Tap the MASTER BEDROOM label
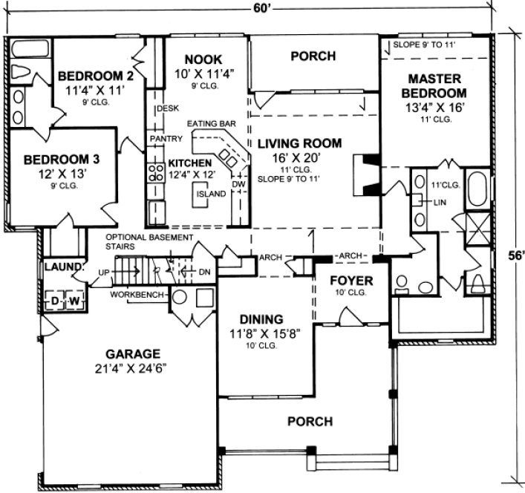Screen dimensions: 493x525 pos(437,85)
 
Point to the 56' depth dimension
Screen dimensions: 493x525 pos(515,255)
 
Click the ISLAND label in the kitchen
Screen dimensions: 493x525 pos(209,194)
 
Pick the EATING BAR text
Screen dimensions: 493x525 pos(206,124)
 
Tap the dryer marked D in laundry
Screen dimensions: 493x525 pos(54,301)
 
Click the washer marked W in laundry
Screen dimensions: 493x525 pos(74,301)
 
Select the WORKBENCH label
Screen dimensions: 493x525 pos(137,295)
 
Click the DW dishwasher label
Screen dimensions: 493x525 pos(238,184)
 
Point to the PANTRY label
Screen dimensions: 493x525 pos(161,139)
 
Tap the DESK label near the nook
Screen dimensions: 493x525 pos(166,109)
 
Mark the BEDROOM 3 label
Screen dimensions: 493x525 pos(60,159)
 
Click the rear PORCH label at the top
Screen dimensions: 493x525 pos(313,56)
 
